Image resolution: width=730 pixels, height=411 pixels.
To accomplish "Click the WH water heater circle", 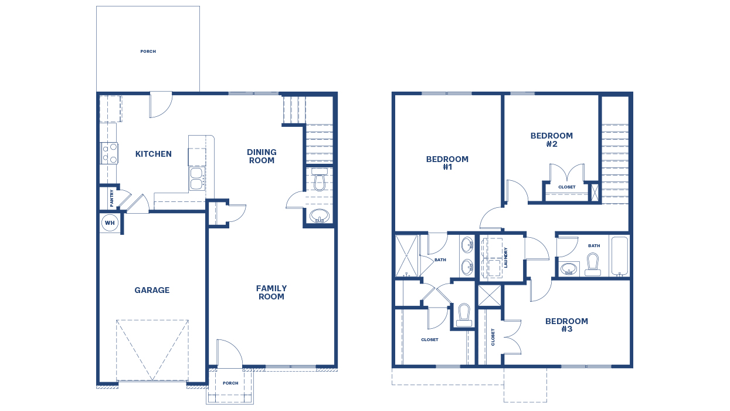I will [110, 223].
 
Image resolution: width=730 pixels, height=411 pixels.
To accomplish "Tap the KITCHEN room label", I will [154, 154].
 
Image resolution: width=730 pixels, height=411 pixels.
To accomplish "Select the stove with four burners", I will [110, 153].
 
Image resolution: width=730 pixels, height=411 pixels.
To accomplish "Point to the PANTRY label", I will [111, 198].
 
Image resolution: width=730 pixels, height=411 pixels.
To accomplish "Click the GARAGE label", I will [152, 290].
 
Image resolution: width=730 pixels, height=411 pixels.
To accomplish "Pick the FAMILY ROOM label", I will [271, 292].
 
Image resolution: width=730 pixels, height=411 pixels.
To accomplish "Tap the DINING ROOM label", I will [262, 156].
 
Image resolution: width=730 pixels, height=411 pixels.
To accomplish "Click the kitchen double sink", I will [196, 178].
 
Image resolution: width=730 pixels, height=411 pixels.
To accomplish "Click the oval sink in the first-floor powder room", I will [320, 215].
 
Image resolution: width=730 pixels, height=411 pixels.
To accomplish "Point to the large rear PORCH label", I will [148, 52].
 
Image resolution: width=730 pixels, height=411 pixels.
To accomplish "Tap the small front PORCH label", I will [230, 383].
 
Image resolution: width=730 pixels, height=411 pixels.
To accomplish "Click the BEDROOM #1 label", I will [447, 163].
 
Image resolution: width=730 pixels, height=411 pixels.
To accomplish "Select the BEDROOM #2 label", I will [552, 140].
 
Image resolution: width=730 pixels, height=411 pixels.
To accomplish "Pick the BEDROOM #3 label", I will [566, 325].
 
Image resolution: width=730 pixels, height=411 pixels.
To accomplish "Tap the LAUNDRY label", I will [505, 256].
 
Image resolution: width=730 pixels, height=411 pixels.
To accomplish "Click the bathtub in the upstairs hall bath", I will [619, 255].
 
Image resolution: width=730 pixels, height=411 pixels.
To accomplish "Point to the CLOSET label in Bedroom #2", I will [566, 187].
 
